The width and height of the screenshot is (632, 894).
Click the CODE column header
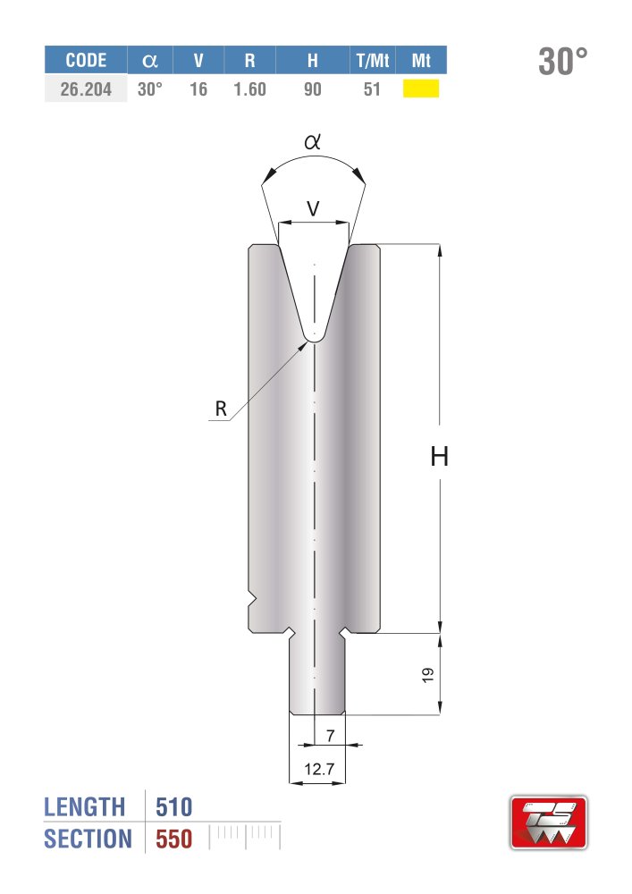(x=86, y=60)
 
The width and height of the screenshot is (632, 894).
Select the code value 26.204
(x=86, y=89)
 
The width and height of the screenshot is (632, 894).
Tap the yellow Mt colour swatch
(x=420, y=89)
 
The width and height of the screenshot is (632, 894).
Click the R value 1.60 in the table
(x=249, y=89)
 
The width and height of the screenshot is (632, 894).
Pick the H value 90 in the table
(x=312, y=89)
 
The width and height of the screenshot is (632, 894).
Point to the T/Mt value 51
(x=372, y=89)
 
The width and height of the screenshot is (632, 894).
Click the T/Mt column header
(x=372, y=60)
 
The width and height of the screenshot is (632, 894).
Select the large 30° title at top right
(x=562, y=61)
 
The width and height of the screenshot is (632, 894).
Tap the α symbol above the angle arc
(x=312, y=141)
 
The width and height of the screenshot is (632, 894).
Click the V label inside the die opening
(x=314, y=208)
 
